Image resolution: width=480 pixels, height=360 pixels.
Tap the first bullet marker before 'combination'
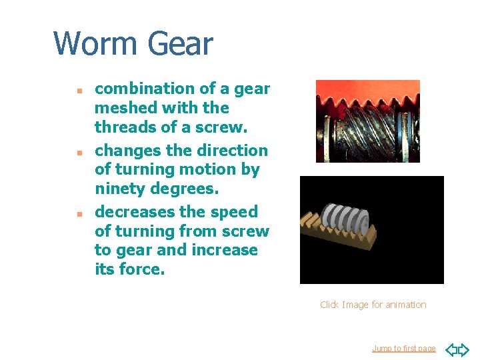coord(78,89)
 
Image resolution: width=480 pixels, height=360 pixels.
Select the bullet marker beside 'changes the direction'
coord(78,151)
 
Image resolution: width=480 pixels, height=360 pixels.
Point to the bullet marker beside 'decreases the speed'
coord(78,213)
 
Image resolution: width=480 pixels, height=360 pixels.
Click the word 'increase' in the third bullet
coord(227,250)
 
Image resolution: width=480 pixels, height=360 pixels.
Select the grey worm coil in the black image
coord(345,218)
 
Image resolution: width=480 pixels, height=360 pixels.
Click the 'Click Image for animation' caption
coord(373,305)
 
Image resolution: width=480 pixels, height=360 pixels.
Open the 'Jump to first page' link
coord(403,349)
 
